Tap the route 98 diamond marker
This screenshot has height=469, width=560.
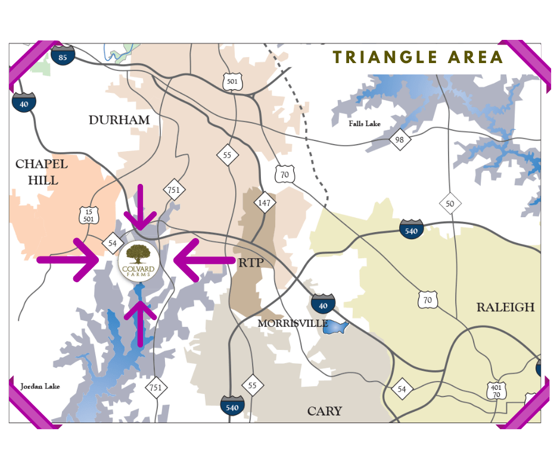tap(399, 140)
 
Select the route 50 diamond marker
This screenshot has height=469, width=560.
tap(450, 204)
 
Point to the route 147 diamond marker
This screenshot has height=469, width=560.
tap(264, 203)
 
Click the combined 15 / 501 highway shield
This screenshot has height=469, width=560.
tap(89, 215)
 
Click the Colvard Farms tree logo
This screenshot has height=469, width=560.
tap(139, 259)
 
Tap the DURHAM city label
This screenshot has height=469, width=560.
tap(119, 120)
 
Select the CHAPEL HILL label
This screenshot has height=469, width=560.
tap(42, 171)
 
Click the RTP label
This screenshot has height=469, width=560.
tap(250, 263)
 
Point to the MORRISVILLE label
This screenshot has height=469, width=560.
tap(293, 323)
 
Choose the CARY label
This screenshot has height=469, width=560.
tap(324, 411)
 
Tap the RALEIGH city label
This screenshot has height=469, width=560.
tap(505, 307)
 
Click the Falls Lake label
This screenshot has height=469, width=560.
tap(365, 124)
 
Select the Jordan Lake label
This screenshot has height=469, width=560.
tap(40, 387)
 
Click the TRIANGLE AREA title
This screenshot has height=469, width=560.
tap(418, 57)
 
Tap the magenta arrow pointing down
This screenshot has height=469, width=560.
tap(141, 208)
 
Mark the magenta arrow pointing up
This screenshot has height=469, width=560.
tap(141, 321)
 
